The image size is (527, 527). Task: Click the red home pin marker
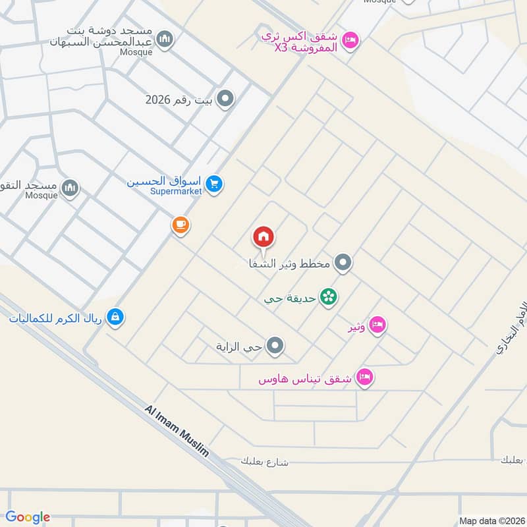pos(263,237)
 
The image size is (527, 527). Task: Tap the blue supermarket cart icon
pos(213,184)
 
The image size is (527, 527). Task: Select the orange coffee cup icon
pos(180,225)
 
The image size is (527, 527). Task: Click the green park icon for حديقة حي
pos(328,298)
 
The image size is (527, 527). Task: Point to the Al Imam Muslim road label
pos(177,431)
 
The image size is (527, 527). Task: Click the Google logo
pos(28,517)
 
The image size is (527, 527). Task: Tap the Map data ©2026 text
pos(490,521)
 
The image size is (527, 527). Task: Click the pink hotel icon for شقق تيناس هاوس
pos(364,377)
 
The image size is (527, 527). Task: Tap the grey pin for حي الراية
pos(276,345)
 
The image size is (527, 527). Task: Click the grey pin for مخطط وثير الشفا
pos(342,263)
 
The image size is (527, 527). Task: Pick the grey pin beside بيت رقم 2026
pos(226,100)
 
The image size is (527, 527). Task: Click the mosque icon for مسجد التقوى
pos(70,189)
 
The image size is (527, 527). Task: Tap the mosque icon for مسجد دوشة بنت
pos(166,40)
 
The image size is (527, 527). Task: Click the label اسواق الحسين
pos(164,180)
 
